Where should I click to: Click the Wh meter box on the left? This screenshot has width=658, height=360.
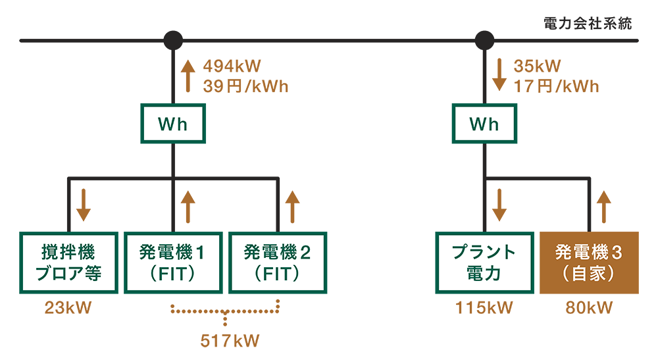(x=174, y=124)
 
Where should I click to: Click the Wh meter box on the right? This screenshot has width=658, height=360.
(x=484, y=124)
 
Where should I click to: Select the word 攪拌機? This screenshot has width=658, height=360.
(x=68, y=252)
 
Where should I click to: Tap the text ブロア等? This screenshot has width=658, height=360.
(x=68, y=273)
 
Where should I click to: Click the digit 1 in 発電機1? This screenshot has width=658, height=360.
(x=201, y=252)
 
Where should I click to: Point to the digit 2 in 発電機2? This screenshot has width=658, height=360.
(x=305, y=252)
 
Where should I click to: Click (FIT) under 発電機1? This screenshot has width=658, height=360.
(x=174, y=273)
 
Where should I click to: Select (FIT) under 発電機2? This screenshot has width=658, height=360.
(x=278, y=273)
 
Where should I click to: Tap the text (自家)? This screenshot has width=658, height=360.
(x=588, y=273)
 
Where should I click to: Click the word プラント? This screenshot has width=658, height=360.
(x=484, y=252)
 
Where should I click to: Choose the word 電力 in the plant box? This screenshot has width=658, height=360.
(x=484, y=273)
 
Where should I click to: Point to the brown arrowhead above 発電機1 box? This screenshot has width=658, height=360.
(x=195, y=198)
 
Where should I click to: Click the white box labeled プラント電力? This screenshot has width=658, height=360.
(x=484, y=263)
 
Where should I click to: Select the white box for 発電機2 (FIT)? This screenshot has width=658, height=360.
(x=278, y=263)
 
